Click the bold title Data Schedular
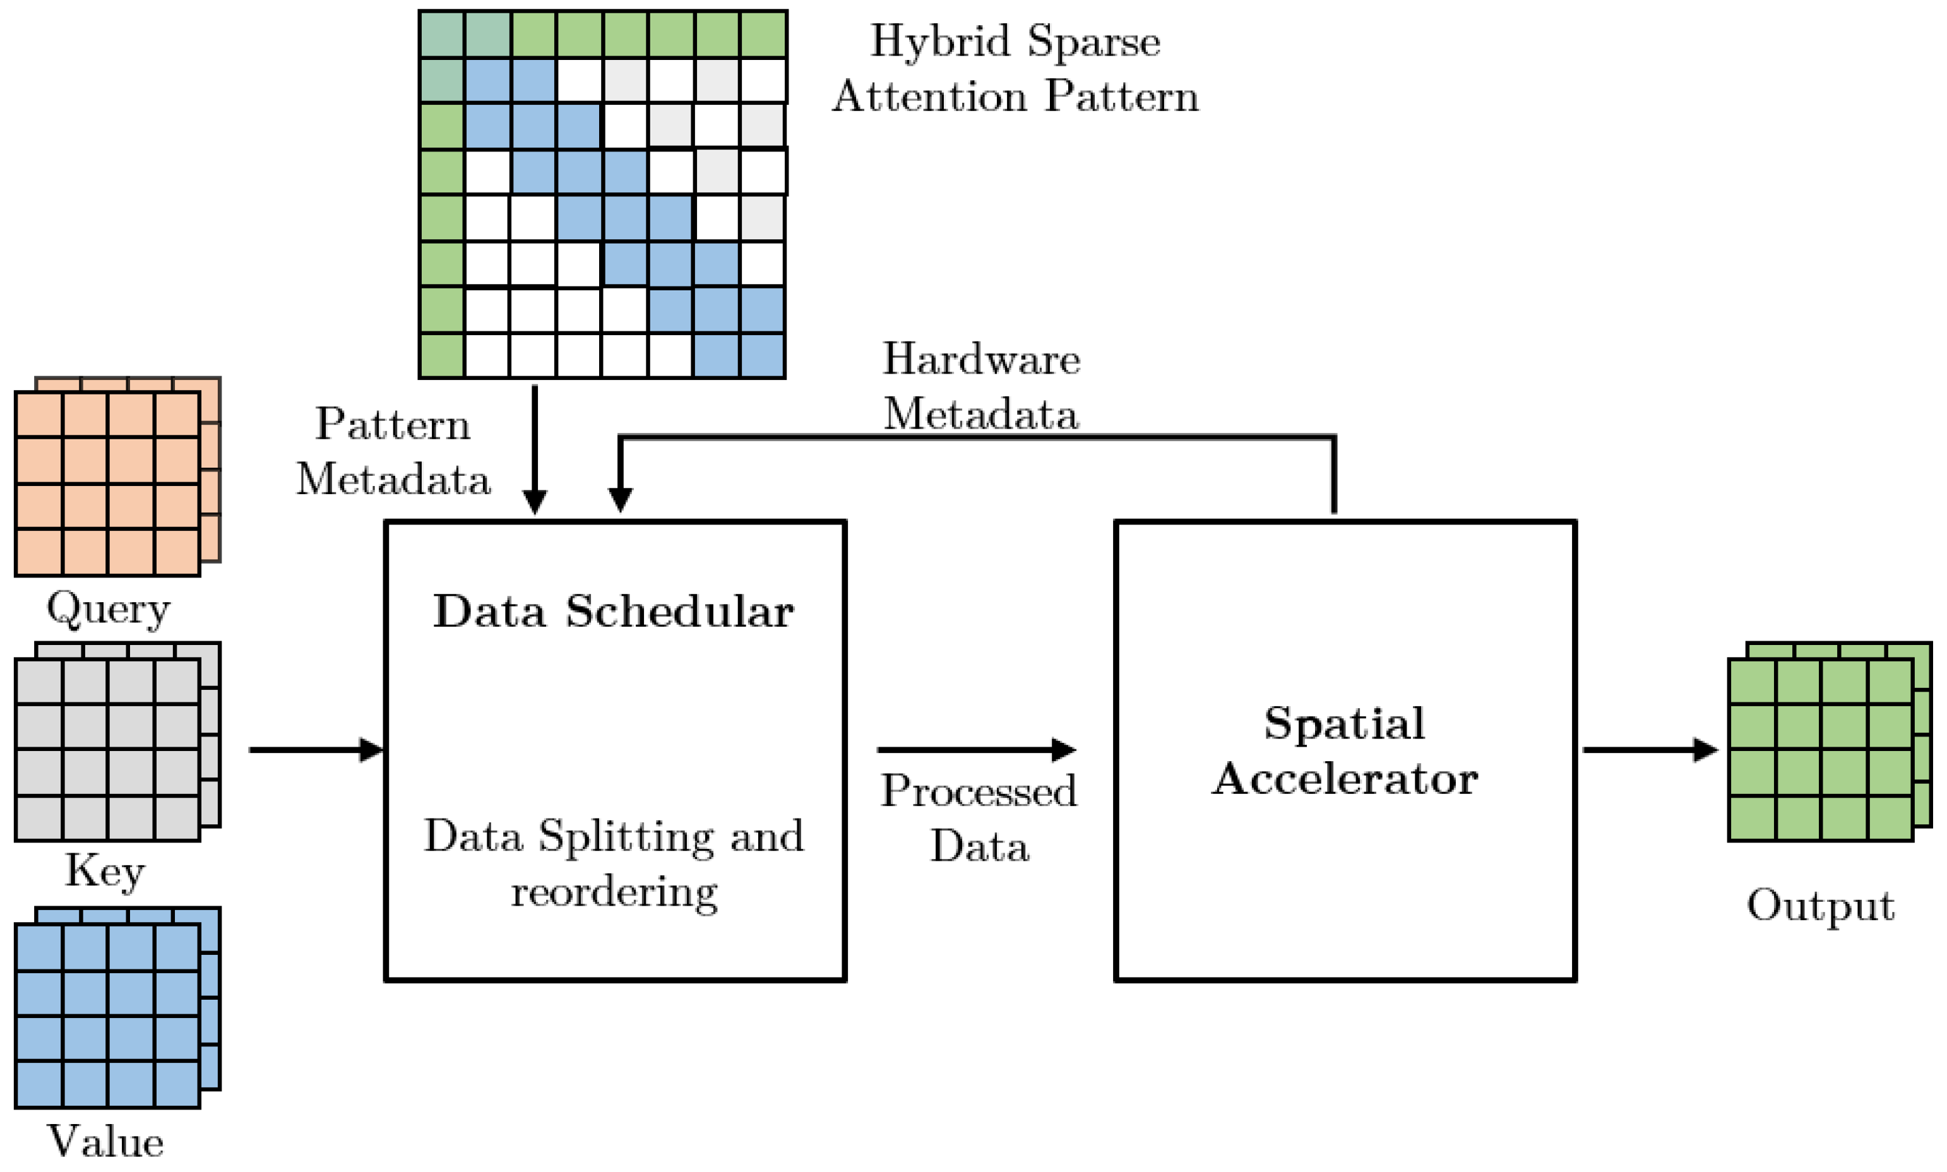coord(613,612)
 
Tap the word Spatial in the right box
coord(1344,723)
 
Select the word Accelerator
coord(1344,780)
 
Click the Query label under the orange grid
coord(108,609)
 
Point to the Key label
coord(105,871)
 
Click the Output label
coord(1820,905)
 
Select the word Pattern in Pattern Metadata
coord(393,425)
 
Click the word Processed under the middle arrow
coord(979,791)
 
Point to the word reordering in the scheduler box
coord(614,893)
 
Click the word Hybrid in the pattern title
coord(940,41)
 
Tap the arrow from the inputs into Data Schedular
coord(316,750)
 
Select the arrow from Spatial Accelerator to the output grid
coord(1649,750)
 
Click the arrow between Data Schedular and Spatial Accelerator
coord(976,750)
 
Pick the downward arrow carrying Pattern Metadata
coord(535,450)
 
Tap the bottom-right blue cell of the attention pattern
coord(762,356)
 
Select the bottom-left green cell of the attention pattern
coord(441,356)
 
